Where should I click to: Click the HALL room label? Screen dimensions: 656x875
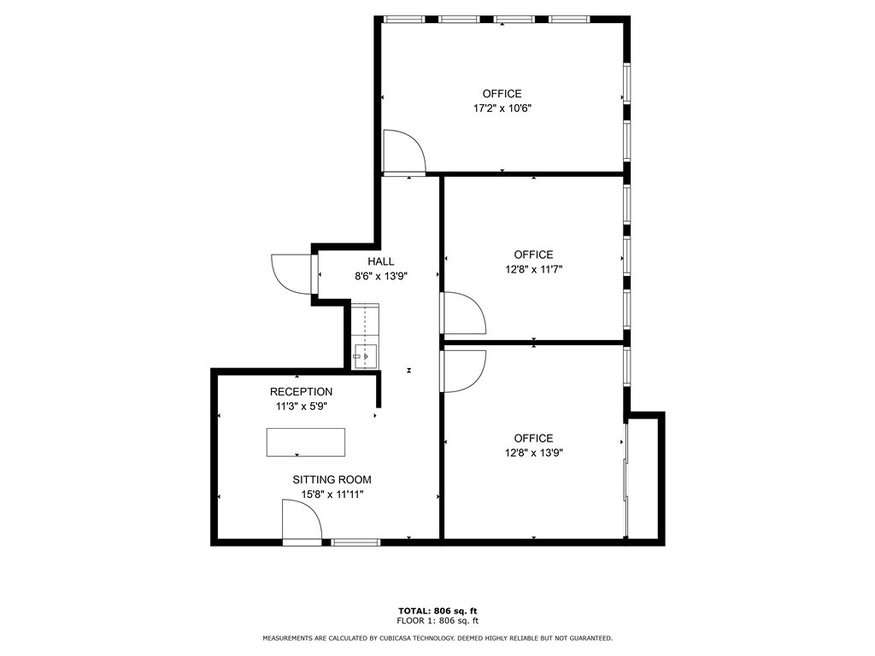click(381, 261)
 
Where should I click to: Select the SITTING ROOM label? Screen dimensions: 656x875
click(332, 480)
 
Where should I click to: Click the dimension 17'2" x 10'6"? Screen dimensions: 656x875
click(502, 108)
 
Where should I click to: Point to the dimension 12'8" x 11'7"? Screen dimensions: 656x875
click(533, 269)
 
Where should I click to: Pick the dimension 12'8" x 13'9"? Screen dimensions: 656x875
click(533, 454)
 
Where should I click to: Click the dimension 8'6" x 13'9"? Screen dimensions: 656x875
click(381, 276)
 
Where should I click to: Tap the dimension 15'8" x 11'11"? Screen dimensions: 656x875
click(332, 495)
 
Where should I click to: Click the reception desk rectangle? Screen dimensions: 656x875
click(306, 442)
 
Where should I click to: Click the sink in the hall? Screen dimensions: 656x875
click(366, 355)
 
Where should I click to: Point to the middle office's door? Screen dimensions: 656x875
click(462, 313)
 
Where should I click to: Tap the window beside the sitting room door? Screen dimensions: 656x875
click(355, 542)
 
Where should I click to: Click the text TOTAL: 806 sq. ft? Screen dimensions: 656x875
click(437, 611)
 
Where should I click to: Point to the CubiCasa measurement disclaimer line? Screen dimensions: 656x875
click(437, 638)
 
